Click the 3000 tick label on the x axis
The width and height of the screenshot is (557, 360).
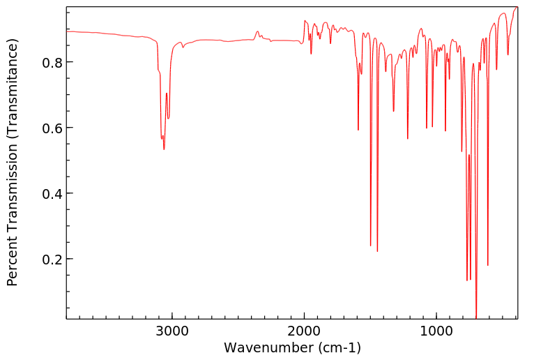[x=172, y=331]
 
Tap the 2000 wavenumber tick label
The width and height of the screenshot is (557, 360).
[x=304, y=331]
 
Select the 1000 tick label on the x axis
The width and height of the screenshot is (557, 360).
[x=436, y=331]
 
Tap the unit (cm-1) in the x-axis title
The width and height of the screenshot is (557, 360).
[x=339, y=347]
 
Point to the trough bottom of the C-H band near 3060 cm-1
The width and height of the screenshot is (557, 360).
[x=164, y=149]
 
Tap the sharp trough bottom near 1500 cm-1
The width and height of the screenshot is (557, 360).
[x=370, y=246]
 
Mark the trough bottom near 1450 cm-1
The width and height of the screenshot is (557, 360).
[x=377, y=251]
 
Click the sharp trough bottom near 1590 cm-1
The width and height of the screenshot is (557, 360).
[x=358, y=130]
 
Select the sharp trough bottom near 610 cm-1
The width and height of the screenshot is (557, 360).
[x=487, y=265]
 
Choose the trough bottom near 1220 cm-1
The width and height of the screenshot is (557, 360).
[x=407, y=139]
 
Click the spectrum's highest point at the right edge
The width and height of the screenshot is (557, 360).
[x=517, y=7]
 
